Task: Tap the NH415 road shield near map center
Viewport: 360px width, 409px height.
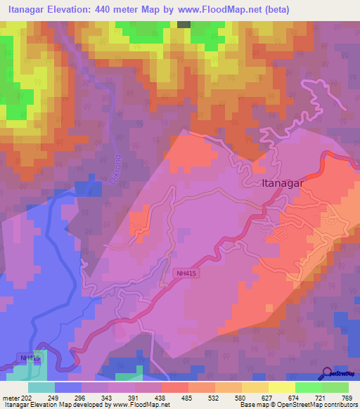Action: pyautogui.click(x=184, y=271)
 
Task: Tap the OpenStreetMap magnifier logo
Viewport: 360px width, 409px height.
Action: pyautogui.click(x=327, y=373)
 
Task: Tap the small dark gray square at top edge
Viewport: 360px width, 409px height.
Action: pyautogui.click(x=184, y=24)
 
